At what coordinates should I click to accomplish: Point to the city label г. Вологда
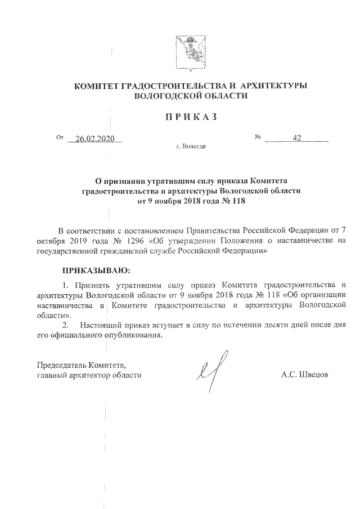191,147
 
